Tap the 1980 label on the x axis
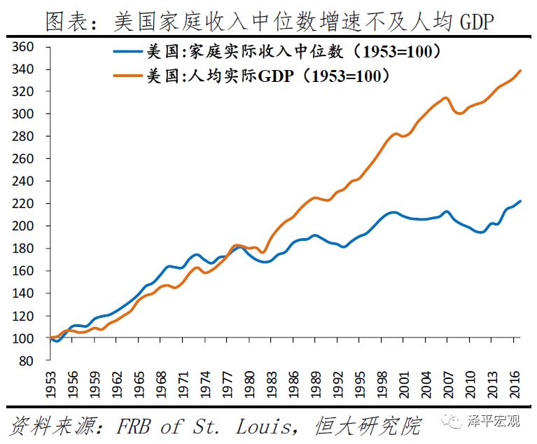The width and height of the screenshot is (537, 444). pos(249,384)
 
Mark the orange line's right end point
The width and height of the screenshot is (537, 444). pos(520,70)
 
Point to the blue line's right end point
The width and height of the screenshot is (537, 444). pos(520,201)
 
